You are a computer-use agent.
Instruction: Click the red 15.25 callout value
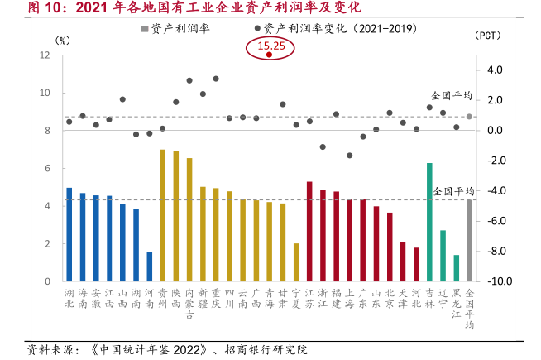pyautogui.click(x=271, y=46)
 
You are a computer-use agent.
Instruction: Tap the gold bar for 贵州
pyautogui.click(x=162, y=215)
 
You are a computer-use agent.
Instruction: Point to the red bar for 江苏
pyautogui.click(x=309, y=231)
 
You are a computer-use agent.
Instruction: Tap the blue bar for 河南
pyautogui.click(x=149, y=266)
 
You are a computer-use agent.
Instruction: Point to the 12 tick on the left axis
pyautogui.click(x=45, y=55)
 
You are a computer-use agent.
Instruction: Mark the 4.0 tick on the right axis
pyautogui.click(x=495, y=70)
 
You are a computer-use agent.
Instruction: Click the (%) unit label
pyautogui.click(x=63, y=39)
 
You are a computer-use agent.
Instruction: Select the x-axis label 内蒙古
pyautogui.click(x=189, y=303)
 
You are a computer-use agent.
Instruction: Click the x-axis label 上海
pyautogui.click(x=349, y=298)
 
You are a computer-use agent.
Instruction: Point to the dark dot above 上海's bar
pyautogui.click(x=349, y=156)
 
